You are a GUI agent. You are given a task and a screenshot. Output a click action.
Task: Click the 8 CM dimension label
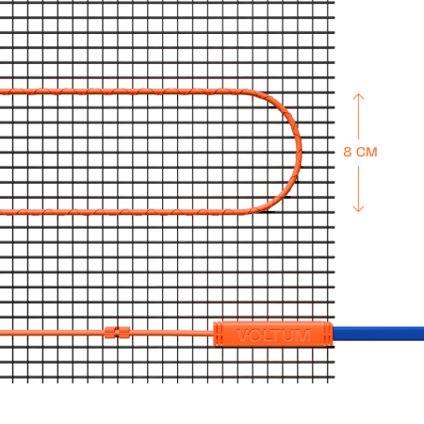[360, 152]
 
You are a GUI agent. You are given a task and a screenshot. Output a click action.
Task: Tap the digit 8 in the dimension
[348, 152]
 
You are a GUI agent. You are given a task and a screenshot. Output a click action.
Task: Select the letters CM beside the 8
[367, 152]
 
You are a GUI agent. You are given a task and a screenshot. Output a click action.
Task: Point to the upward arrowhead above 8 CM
[358, 96]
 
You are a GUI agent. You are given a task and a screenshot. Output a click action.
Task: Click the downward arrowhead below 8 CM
[358, 209]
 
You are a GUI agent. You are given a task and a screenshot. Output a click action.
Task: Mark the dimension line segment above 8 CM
[358, 116]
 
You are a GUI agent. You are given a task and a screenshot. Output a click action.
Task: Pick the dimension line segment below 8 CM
[358, 188]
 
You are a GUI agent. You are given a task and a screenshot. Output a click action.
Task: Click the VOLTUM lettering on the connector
[273, 334]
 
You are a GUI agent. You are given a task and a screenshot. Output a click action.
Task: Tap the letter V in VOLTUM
[243, 334]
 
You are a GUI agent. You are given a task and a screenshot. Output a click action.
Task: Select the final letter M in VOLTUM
[302, 334]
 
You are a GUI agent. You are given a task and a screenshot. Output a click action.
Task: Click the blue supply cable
[379, 334]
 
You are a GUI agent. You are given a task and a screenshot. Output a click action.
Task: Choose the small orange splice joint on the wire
[117, 333]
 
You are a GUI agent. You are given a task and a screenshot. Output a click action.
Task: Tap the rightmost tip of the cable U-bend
[302, 151]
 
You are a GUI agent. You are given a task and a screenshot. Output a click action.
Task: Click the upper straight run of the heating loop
[125, 91]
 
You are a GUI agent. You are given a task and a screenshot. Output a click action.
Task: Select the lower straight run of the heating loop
[125, 212]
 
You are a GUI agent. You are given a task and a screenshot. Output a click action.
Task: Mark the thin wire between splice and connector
[171, 333]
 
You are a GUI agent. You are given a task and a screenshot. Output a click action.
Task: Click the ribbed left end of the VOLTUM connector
[218, 334]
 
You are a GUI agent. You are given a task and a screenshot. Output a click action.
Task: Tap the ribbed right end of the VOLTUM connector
[329, 334]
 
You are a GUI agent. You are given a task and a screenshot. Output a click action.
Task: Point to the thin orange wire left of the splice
[52, 333]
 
